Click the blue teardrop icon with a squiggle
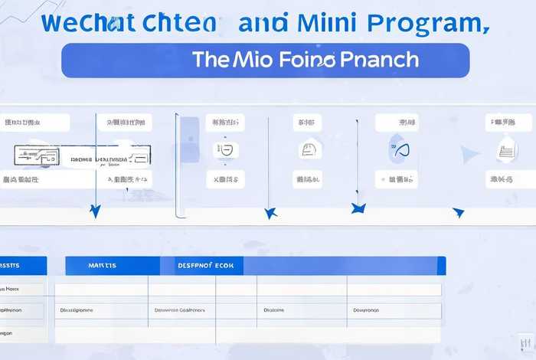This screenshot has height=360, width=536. (x=399, y=149)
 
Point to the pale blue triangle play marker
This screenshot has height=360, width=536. (x=469, y=155)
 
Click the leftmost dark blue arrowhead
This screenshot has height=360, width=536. (x=95, y=211)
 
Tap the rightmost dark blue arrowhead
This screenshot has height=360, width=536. (x=458, y=212)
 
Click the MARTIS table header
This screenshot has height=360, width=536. (x=102, y=266)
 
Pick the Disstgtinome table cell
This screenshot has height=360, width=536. (x=77, y=311)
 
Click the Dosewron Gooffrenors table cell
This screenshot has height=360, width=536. (x=181, y=311)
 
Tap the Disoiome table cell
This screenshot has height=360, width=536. (x=274, y=311)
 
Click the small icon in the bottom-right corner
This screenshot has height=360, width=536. (x=526, y=342)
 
